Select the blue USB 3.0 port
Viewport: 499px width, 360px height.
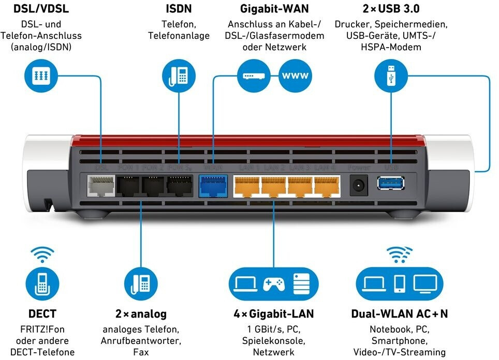(x=390, y=185)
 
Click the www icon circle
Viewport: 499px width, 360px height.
(x=295, y=76)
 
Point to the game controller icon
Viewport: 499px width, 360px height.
(x=273, y=283)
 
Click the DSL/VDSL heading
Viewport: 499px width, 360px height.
(x=41, y=9)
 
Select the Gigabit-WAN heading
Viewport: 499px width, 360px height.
(x=274, y=9)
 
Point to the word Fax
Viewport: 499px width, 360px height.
(x=141, y=352)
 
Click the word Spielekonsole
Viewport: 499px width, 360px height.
(x=273, y=340)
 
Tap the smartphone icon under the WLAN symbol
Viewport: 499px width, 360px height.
(x=400, y=283)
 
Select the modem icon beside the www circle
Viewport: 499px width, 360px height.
(x=254, y=76)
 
